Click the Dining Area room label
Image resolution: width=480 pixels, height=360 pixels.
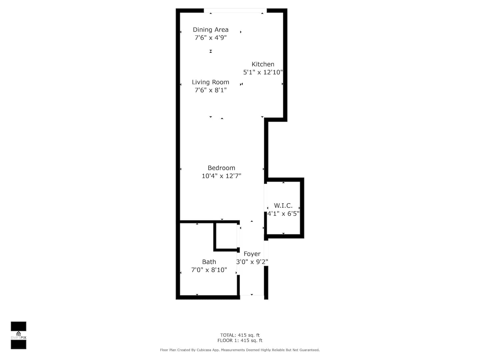(x=211, y=30)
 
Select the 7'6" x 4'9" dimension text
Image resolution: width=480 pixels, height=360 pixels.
(x=211, y=38)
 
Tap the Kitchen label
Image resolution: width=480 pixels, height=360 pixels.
(x=263, y=64)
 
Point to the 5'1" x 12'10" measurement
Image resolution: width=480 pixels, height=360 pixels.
(x=263, y=72)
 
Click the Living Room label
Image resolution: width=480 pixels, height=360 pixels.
(x=211, y=82)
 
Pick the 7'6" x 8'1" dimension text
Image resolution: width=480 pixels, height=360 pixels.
(x=211, y=90)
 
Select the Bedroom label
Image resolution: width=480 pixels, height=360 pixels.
(x=221, y=168)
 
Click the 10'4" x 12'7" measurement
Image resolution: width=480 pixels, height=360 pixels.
(x=221, y=176)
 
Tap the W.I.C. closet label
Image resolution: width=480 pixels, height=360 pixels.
(x=283, y=205)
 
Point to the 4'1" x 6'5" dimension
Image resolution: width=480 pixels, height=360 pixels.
(x=283, y=214)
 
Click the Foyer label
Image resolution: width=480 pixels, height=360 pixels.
(x=252, y=254)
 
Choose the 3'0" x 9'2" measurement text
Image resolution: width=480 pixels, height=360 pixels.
(x=252, y=262)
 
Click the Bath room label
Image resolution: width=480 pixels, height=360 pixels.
(x=209, y=262)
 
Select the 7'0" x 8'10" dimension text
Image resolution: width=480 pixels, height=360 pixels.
(x=209, y=270)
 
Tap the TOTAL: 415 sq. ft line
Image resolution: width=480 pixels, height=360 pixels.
(x=240, y=335)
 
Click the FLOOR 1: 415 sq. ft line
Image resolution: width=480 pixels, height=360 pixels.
(x=240, y=340)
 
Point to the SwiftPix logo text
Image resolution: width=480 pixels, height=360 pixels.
(x=18, y=337)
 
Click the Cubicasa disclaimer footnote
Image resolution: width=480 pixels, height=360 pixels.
(x=240, y=350)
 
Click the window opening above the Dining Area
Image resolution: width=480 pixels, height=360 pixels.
(x=235, y=10)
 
